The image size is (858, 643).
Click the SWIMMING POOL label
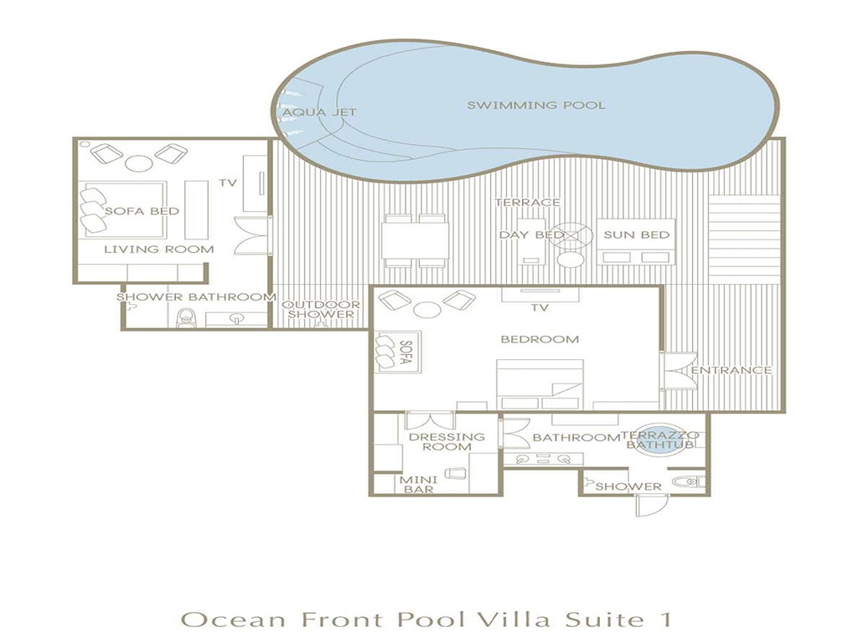[536, 105]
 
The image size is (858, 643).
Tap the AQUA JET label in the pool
[319, 113]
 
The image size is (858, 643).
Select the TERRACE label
[528, 203]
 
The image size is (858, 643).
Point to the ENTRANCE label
[731, 370]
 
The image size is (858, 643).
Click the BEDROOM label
[540, 339]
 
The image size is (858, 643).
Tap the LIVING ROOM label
[158, 249]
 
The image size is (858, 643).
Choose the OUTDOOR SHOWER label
[321, 310]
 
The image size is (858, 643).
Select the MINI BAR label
[419, 485]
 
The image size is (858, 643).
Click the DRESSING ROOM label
[447, 442]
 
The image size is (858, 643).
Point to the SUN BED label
[637, 234]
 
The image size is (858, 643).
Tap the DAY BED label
[531, 235]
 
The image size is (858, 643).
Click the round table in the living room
[138, 163]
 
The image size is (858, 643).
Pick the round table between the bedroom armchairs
[427, 310]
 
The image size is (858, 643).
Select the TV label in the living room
[228, 183]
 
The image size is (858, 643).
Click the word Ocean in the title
[234, 620]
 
